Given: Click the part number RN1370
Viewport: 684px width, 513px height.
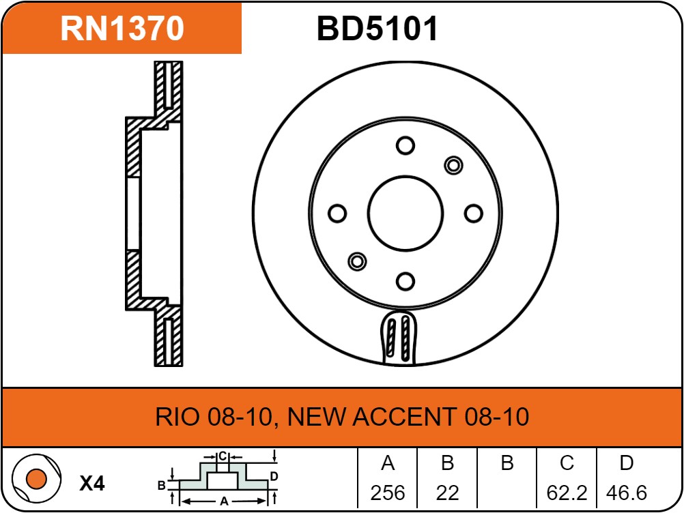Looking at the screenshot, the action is pyautogui.click(x=122, y=29).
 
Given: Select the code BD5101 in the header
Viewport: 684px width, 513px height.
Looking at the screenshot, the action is pyautogui.click(x=377, y=29).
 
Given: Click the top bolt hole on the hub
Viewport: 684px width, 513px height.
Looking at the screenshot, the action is pyautogui.click(x=405, y=145).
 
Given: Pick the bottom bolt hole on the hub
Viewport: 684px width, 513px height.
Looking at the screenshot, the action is pyautogui.click(x=405, y=281).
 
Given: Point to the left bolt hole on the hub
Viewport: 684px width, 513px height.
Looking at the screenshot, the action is pyautogui.click(x=337, y=214).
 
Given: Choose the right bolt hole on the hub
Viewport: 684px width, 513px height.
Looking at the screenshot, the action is pyautogui.click(x=474, y=214).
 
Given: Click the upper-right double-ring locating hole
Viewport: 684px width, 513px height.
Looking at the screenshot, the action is pyautogui.click(x=453, y=166).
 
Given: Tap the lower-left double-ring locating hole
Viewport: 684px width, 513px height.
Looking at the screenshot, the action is pyautogui.click(x=357, y=261).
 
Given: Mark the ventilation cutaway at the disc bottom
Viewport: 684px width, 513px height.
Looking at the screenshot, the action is pyautogui.click(x=399, y=338).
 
